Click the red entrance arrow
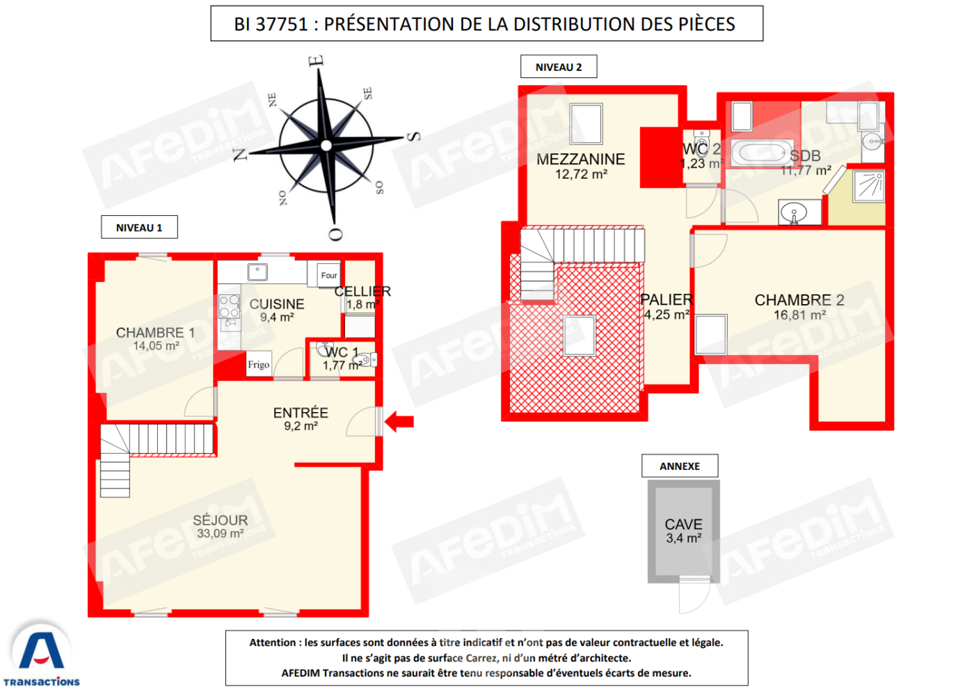[399, 422]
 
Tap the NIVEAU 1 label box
[139, 227]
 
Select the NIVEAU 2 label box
[559, 67]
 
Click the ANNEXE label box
[680, 466]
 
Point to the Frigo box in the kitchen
[259, 364]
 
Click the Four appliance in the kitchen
[328, 275]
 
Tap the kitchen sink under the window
[257, 272]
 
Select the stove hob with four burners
[229, 306]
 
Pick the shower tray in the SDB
[869, 187]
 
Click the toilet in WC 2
[702, 142]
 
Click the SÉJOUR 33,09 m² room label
[221, 526]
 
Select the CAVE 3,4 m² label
[683, 531]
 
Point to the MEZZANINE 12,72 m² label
[581, 166]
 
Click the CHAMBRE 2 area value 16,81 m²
[799, 315]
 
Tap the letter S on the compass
[414, 136]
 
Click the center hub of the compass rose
[326, 145]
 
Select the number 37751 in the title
[282, 24]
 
